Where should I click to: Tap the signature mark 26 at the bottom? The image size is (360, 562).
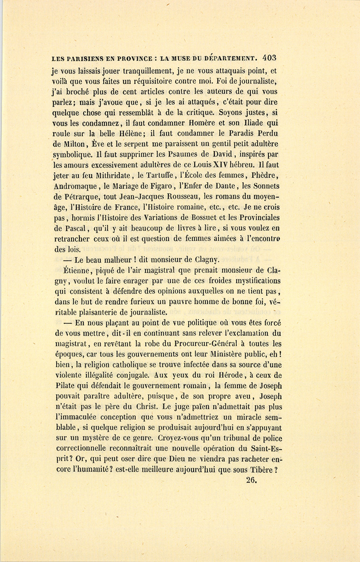click(251, 480)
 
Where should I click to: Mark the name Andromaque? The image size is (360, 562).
click(76, 186)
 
